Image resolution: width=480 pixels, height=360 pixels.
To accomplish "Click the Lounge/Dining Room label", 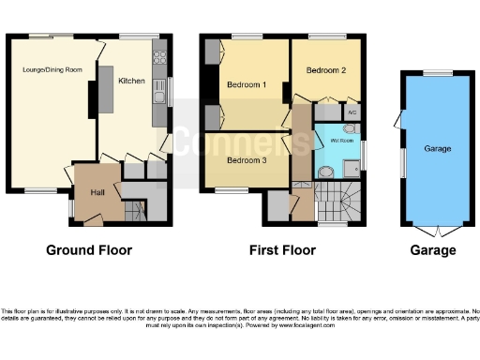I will (x=52, y=69).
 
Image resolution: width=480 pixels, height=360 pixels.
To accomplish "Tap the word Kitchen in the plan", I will (x=131, y=82).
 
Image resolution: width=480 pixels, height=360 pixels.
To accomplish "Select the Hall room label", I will (x=97, y=192).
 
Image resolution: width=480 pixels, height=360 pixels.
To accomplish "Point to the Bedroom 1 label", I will (x=247, y=85).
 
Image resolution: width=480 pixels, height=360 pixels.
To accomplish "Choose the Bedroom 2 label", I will (x=325, y=70).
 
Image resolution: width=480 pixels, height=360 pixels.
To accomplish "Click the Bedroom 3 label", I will (x=247, y=159).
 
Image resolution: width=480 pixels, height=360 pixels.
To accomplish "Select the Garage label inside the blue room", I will (x=437, y=149).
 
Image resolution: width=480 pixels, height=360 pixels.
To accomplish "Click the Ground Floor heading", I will (x=89, y=250).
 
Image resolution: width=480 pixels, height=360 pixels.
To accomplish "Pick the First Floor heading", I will (x=282, y=250).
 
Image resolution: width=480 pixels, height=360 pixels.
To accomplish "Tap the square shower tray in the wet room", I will (x=351, y=168).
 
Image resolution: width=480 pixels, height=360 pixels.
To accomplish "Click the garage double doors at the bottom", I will (x=437, y=230).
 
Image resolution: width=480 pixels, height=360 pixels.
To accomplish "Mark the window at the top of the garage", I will (x=437, y=72).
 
